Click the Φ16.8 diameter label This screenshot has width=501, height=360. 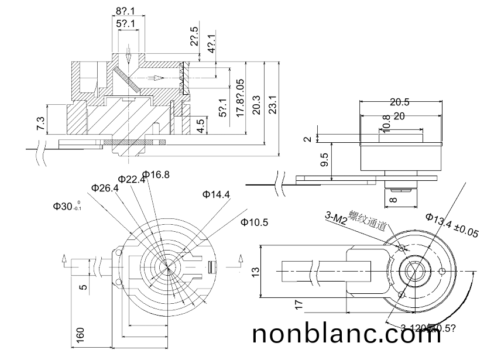[x=156, y=174]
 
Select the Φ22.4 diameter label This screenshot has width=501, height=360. [x=131, y=179]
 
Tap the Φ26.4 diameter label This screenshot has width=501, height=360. [x=105, y=188]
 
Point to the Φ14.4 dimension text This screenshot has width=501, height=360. [x=216, y=194]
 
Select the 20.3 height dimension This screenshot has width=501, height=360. [x=255, y=105]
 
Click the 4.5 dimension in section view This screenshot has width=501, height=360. [x=201, y=126]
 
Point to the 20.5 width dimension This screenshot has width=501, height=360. [x=399, y=102]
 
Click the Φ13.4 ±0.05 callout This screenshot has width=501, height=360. [x=452, y=225]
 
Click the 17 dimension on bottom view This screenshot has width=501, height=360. [x=299, y=304]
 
